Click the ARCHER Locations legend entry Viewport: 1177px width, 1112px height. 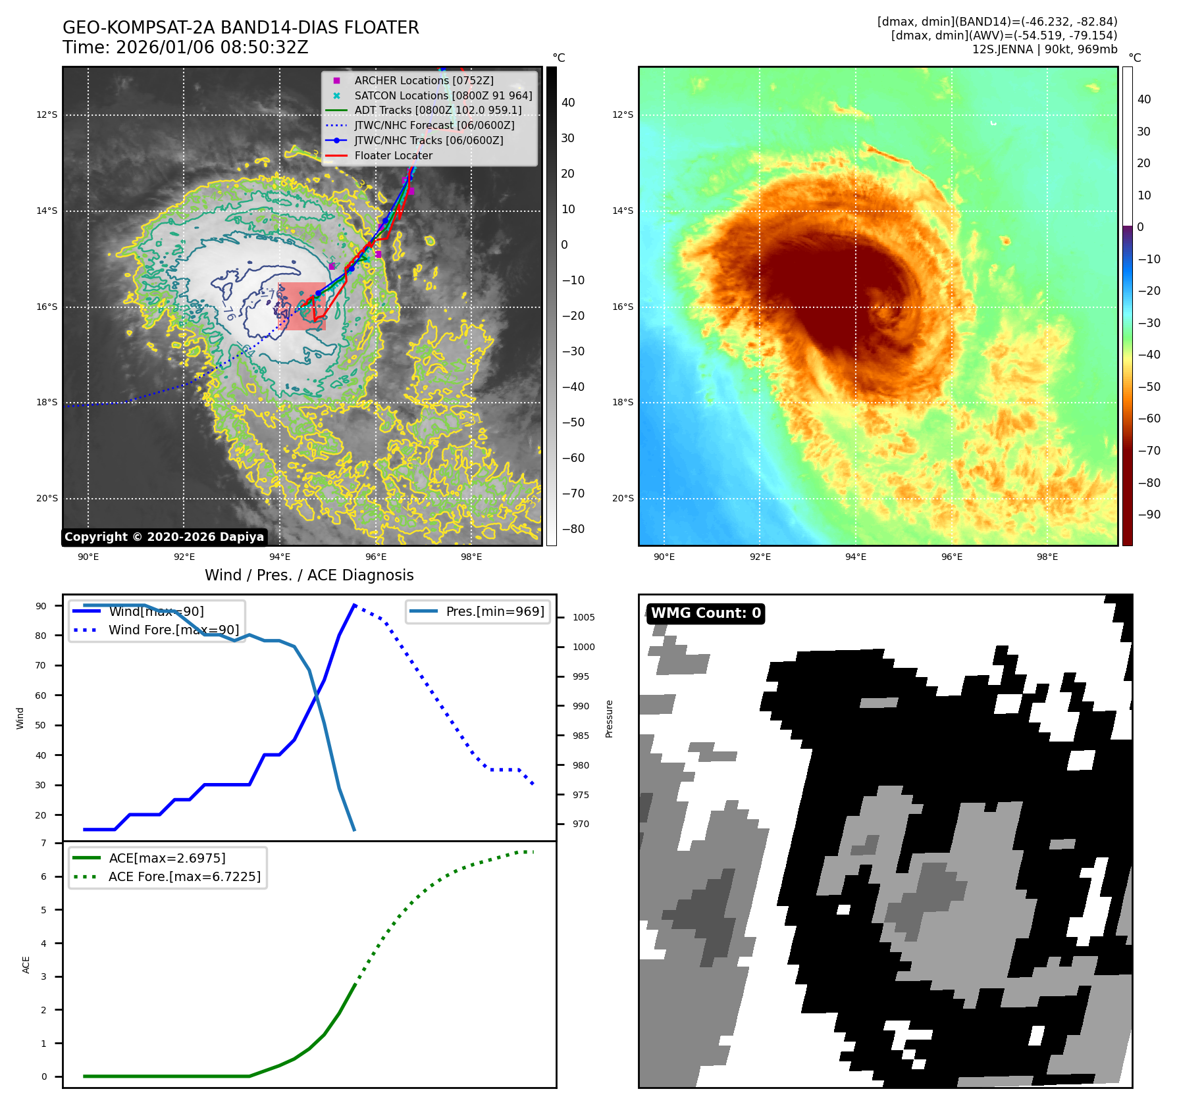(x=423, y=80)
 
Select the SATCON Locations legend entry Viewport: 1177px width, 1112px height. (x=442, y=95)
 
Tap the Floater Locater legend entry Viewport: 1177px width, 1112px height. (x=393, y=155)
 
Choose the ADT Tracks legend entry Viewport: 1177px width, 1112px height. (x=437, y=110)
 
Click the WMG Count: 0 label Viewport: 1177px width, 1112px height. (x=706, y=613)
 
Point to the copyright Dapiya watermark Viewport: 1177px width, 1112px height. (x=164, y=537)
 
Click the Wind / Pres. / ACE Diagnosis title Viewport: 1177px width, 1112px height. (x=309, y=575)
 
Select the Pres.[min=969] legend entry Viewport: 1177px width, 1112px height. (x=494, y=611)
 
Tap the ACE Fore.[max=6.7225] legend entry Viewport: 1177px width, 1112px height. (x=184, y=876)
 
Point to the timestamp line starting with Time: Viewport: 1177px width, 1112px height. (x=185, y=47)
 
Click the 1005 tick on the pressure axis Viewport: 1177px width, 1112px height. (x=583, y=617)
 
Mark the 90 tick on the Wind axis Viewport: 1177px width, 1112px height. (x=41, y=606)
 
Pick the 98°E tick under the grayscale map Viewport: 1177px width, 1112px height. (x=471, y=557)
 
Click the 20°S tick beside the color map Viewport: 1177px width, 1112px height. (x=623, y=498)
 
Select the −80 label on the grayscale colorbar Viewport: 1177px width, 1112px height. (x=572, y=529)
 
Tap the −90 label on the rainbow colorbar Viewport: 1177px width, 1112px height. (x=1149, y=515)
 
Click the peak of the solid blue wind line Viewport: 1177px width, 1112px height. (x=355, y=605)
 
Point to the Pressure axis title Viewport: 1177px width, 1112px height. (x=609, y=719)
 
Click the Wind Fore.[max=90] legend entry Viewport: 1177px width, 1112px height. (x=173, y=630)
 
